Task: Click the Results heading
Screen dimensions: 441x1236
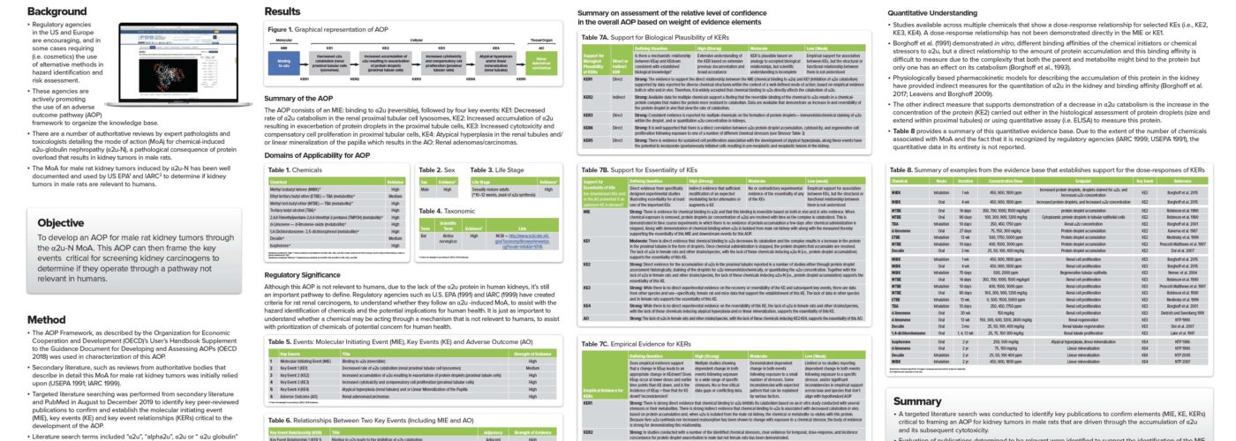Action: coord(283,11)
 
